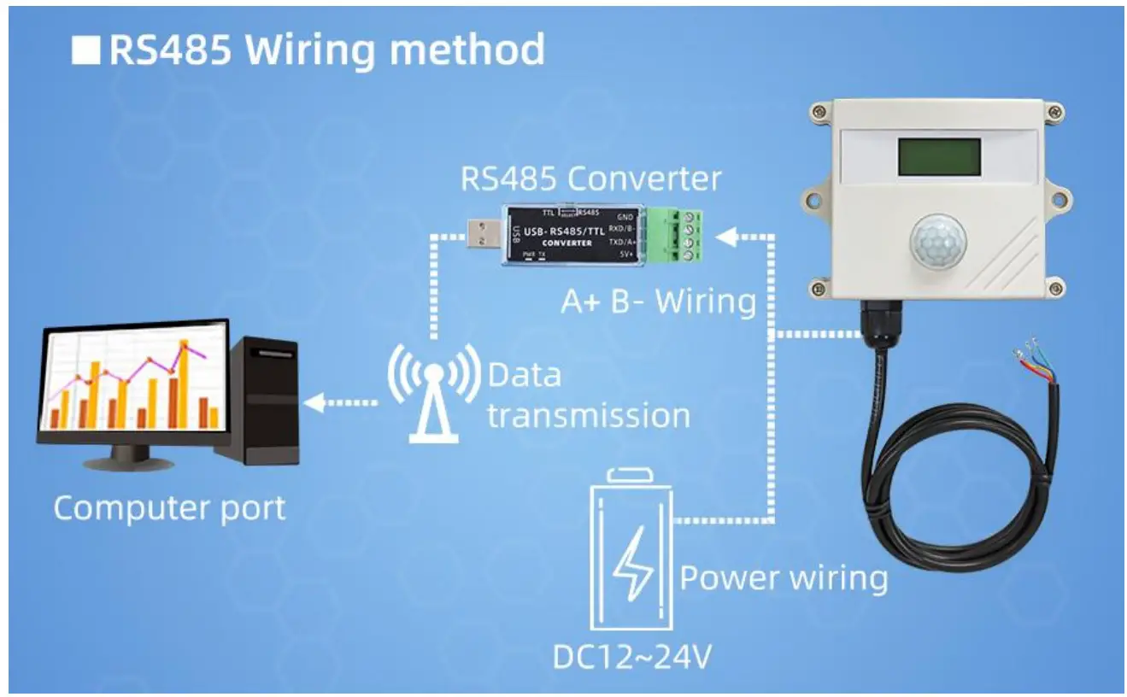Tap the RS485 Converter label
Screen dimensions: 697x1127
[590, 179]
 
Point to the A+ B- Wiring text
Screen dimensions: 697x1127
[658, 302]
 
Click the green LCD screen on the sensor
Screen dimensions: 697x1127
[937, 157]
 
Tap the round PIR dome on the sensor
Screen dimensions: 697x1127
[936, 239]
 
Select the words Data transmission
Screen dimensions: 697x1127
[588, 395]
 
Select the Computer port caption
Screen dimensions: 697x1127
[169, 508]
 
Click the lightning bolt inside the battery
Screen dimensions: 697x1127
[633, 563]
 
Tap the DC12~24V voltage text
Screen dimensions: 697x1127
[633, 658]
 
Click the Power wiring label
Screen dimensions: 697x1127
[784, 578]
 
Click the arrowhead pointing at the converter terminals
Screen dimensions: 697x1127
[725, 237]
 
